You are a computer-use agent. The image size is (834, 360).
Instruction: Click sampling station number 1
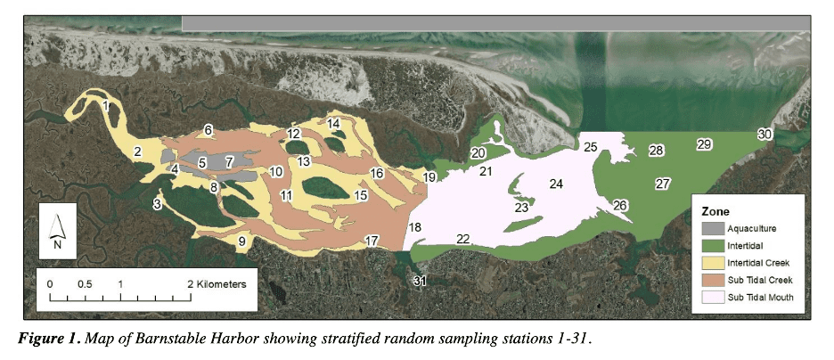[106, 106]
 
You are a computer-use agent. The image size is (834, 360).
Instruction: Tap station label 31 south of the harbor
[420, 282]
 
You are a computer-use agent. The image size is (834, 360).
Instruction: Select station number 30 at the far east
[764, 134]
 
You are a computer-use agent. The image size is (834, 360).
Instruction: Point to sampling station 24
[556, 184]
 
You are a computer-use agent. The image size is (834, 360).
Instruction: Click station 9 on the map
[241, 241]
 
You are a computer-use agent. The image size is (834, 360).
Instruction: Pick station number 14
[334, 123]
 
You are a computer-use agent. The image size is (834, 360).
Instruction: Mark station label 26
[620, 206]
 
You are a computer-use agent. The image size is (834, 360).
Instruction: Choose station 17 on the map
[372, 241]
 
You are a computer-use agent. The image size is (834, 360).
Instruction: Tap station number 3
[158, 205]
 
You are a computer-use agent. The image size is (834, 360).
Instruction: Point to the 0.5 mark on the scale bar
[85, 283]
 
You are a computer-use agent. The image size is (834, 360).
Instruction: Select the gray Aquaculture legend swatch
[711, 229]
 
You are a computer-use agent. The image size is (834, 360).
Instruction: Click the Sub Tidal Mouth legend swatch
[711, 297]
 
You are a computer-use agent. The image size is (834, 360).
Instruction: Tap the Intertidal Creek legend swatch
[711, 263]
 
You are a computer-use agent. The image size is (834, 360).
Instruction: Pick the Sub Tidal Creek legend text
[760, 280]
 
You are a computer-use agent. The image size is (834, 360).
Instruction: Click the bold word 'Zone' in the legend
[715, 212]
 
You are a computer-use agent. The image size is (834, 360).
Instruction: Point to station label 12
[293, 134]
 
